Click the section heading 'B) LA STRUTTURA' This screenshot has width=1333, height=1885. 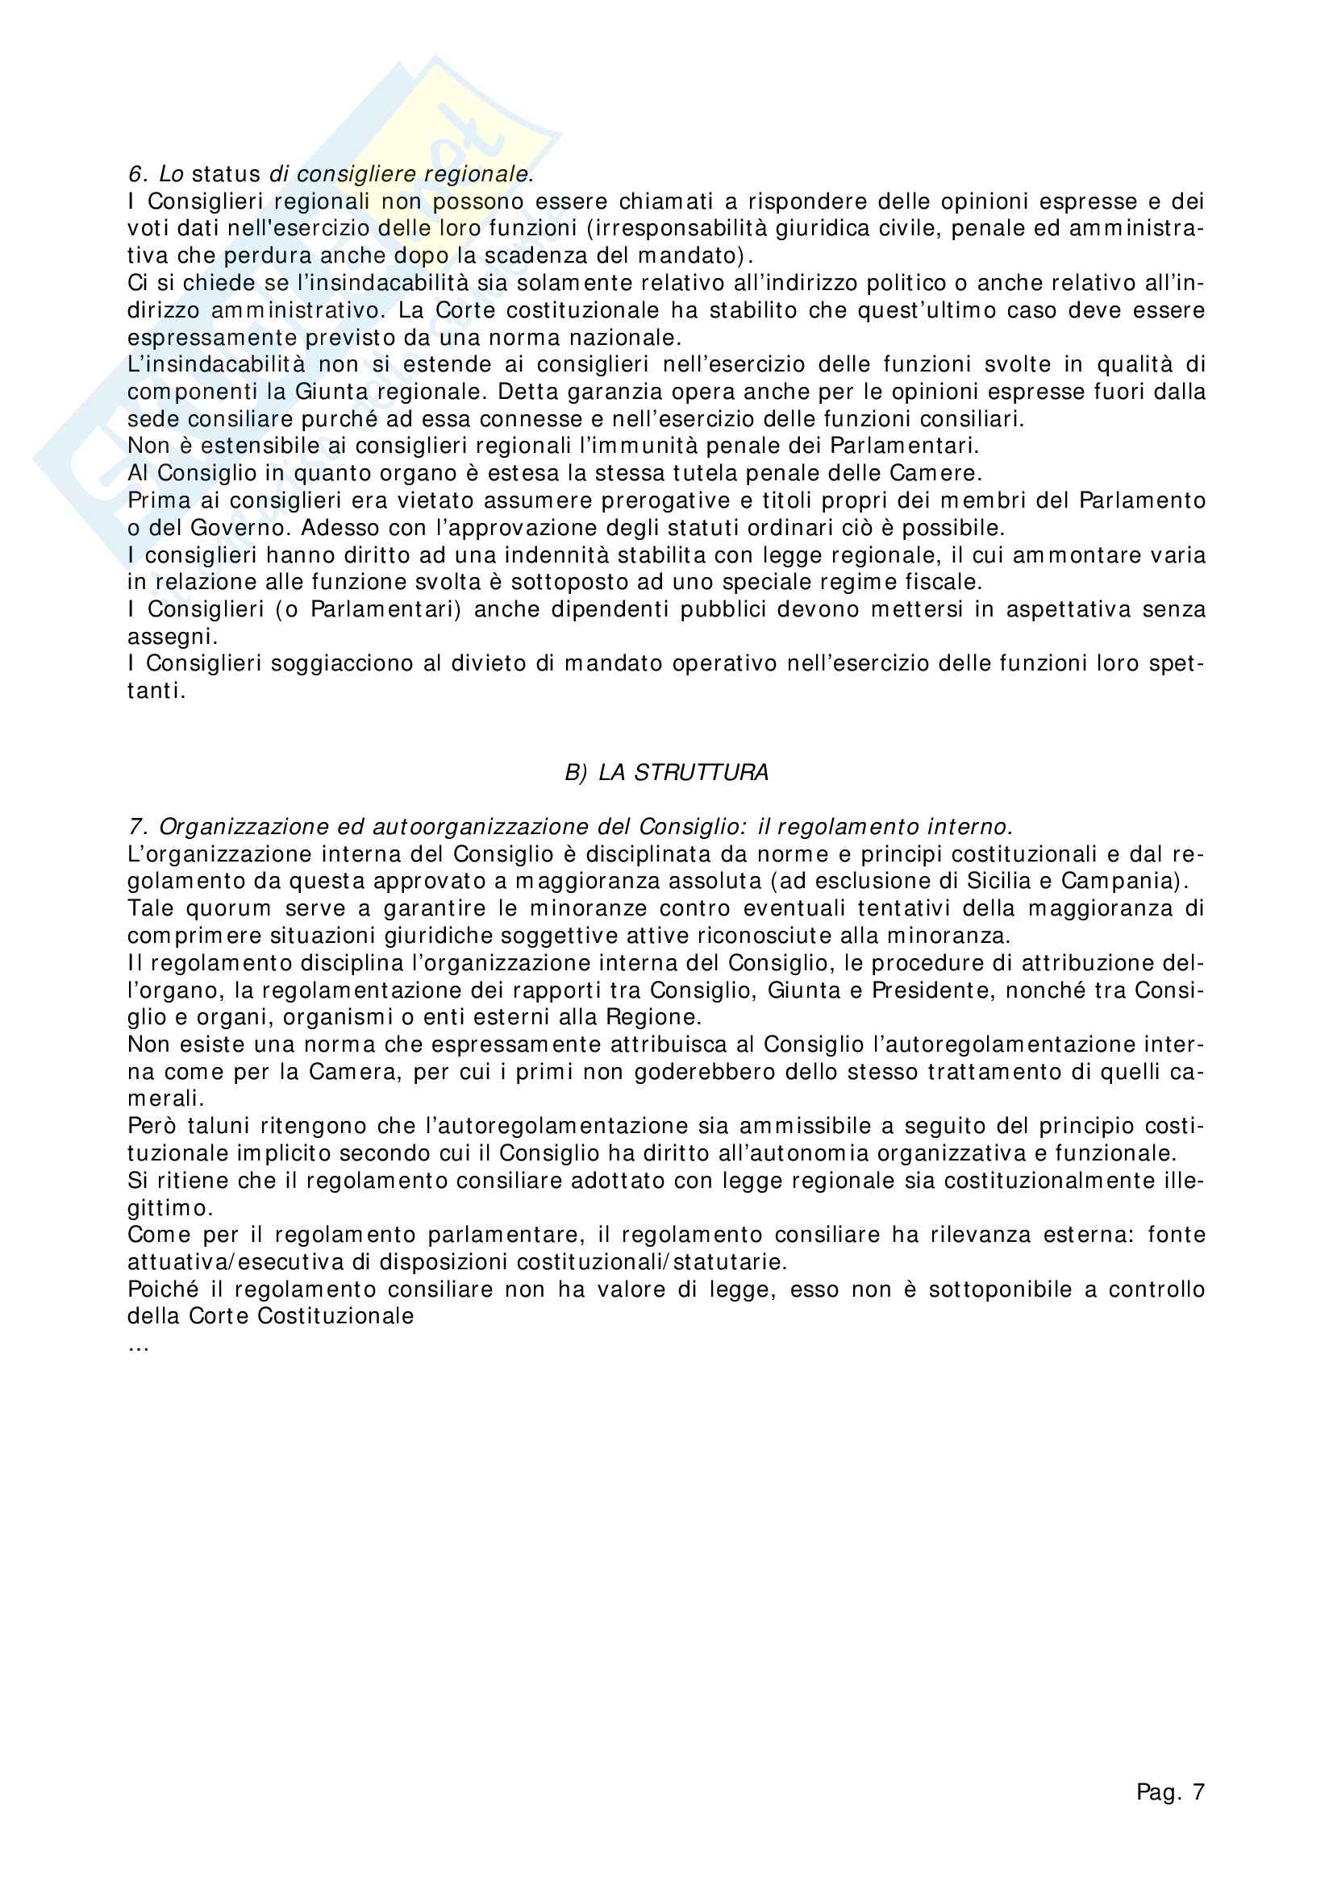pyautogui.click(x=666, y=773)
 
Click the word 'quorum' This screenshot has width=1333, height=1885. pyautogui.click(x=228, y=909)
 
